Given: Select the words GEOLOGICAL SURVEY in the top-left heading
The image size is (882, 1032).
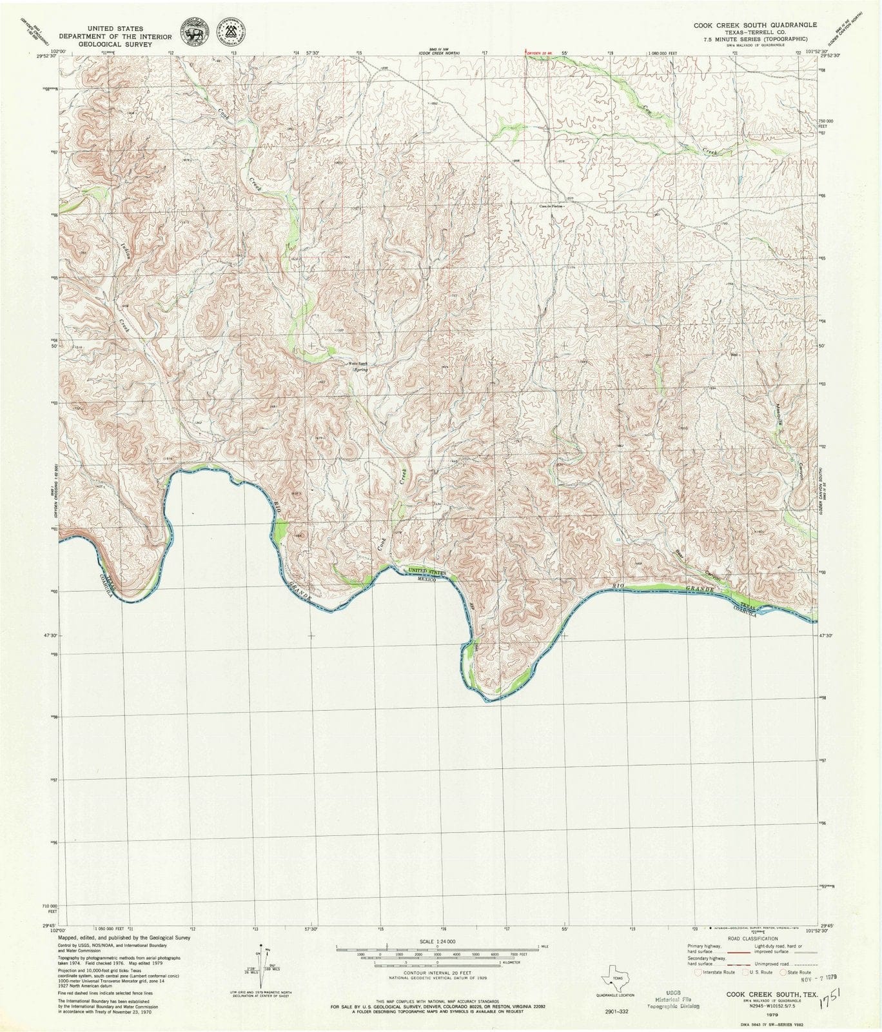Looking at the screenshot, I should pyautogui.click(x=115, y=45).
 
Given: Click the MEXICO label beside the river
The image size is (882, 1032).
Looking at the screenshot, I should pyautogui.click(x=427, y=580).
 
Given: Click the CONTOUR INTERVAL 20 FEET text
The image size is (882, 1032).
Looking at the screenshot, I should pyautogui.click(x=436, y=972).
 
